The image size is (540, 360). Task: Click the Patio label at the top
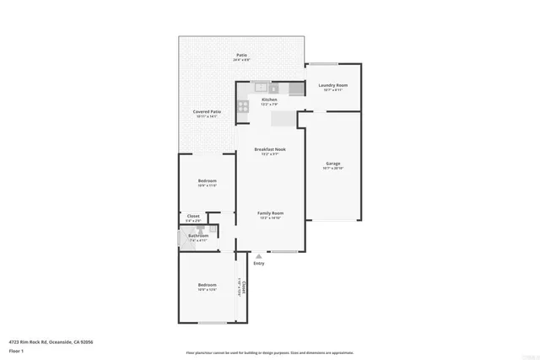241,56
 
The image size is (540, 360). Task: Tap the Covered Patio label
207,111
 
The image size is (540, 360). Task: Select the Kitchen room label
269,99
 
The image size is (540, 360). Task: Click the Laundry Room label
333,85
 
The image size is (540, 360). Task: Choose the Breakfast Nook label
270,149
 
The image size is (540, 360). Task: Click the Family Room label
270,213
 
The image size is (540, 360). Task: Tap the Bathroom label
198,235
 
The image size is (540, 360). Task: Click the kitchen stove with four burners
243,105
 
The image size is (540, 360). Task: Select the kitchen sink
261,87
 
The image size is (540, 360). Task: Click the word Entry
258,263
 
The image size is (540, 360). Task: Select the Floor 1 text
16,350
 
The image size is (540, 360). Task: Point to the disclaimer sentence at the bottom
269,352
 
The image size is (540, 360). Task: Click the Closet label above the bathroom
193,217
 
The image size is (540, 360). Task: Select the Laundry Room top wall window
321,64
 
